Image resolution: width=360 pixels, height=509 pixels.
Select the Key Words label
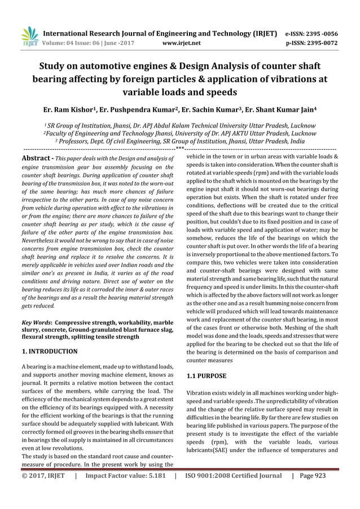pos(39,321)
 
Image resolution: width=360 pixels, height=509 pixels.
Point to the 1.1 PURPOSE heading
pos(207,375)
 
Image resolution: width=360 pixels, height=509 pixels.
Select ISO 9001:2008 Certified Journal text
pos(232,493)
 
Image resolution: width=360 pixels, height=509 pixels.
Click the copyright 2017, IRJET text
pos(43,493)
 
